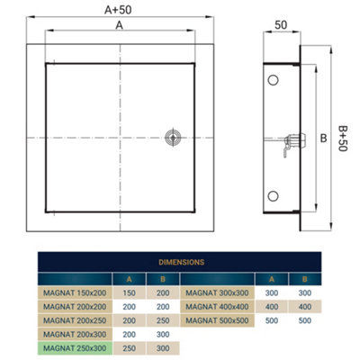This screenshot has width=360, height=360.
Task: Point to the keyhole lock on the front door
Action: click(x=172, y=137)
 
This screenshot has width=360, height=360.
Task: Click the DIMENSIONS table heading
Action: click(x=180, y=263)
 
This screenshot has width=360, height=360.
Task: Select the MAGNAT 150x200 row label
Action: click(x=75, y=292)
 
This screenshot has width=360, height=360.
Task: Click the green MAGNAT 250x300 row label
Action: click(x=75, y=346)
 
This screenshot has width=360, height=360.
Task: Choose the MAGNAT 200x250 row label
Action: click(x=75, y=319)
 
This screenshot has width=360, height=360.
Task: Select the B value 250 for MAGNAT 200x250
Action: click(x=162, y=319)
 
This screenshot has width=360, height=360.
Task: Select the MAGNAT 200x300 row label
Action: click(x=75, y=333)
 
